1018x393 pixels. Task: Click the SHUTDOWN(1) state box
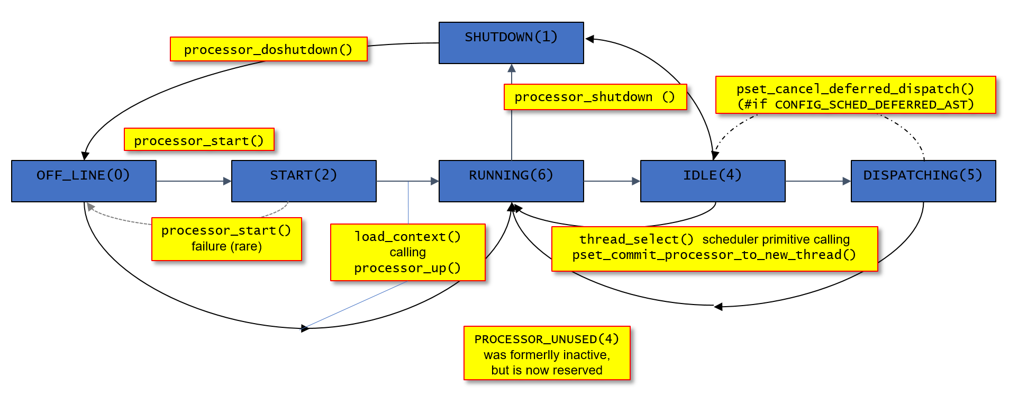[511, 43]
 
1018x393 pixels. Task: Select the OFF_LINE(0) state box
[84, 181]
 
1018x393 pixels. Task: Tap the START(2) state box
[304, 181]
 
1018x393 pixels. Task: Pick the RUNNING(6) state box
[511, 181]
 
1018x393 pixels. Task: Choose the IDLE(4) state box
[713, 181]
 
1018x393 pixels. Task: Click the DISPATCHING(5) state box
[923, 181]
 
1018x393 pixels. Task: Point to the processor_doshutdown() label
[269, 49]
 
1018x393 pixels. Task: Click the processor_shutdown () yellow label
[595, 97]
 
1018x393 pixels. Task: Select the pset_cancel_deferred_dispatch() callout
[856, 95]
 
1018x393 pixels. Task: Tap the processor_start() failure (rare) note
[226, 239]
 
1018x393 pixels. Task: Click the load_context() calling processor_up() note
[408, 252]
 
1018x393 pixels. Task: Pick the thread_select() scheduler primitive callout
[714, 249]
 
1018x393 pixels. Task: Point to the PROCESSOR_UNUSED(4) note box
[547, 353]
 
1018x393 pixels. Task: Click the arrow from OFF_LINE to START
[194, 181]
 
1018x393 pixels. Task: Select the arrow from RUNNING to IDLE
[612, 181]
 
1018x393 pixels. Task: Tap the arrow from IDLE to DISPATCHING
[818, 181]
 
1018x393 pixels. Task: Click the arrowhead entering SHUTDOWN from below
[512, 68]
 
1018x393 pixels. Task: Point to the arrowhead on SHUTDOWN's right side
[589, 39]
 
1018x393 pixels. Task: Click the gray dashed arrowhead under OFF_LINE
[91, 207]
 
